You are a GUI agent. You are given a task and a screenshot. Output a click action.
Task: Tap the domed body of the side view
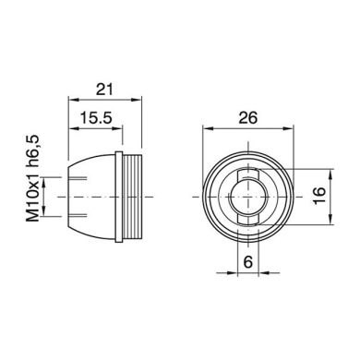[92, 197]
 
